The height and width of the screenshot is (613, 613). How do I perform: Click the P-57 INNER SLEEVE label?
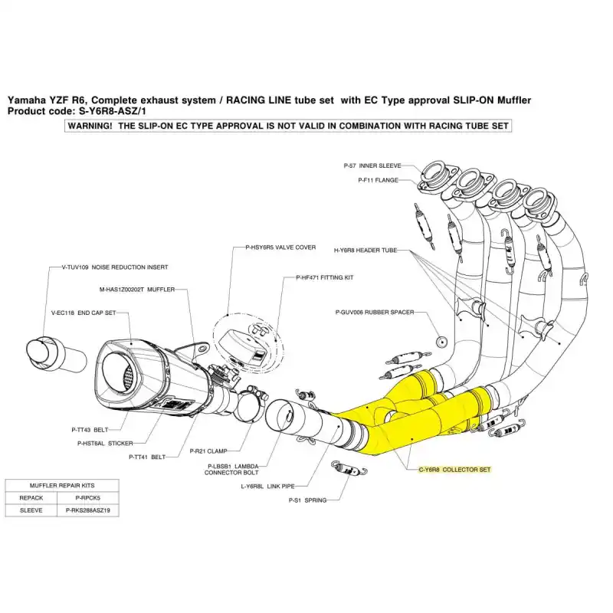point(374,166)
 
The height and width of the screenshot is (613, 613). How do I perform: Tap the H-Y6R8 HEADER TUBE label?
point(365,251)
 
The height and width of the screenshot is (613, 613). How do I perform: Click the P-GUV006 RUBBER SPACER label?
point(375,313)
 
